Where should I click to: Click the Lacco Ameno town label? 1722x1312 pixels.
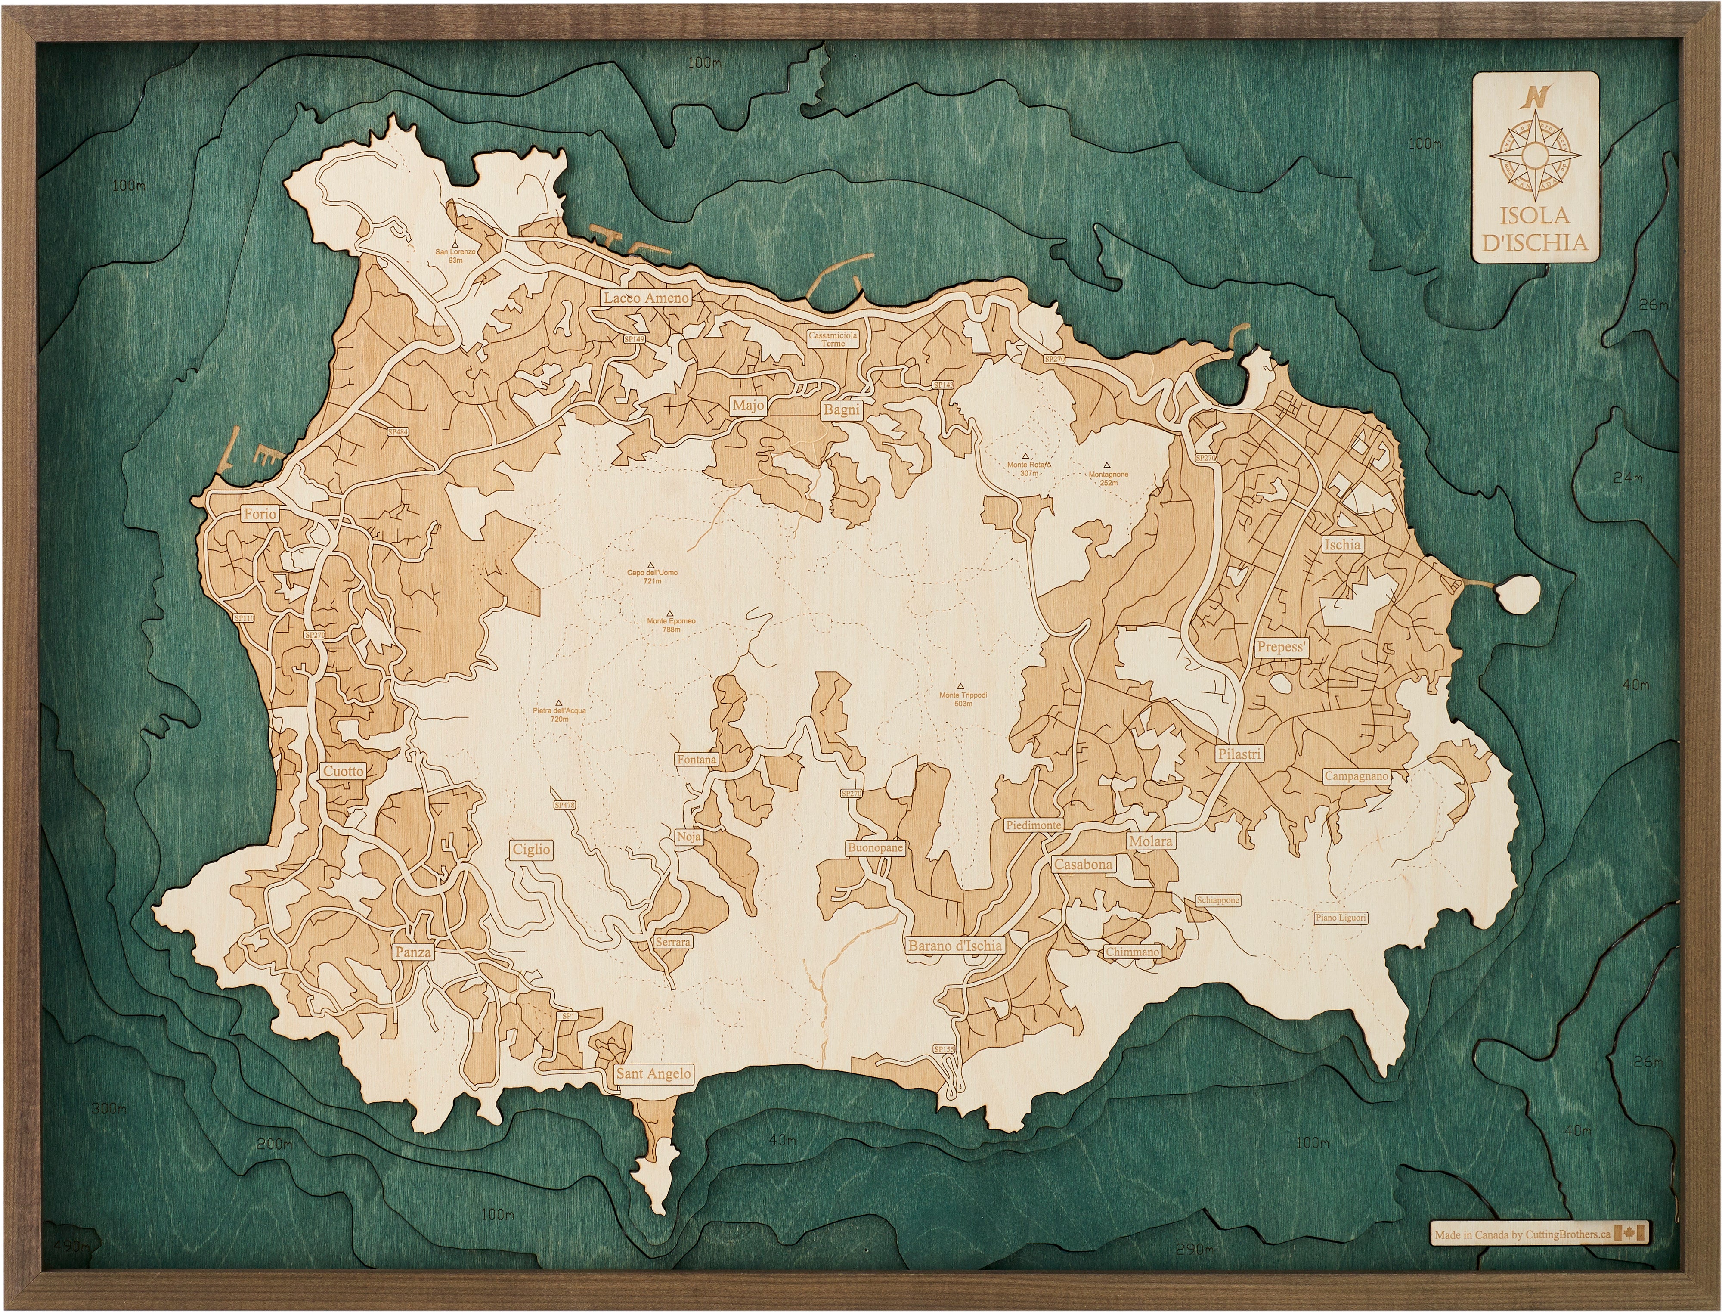click(x=646, y=298)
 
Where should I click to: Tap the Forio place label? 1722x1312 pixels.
click(x=259, y=513)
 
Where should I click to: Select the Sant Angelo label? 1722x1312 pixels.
click(x=653, y=1074)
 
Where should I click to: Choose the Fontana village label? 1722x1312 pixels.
click(x=696, y=759)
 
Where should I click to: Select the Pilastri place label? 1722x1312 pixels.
click(x=1239, y=754)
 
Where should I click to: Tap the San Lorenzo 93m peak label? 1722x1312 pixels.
click(x=455, y=255)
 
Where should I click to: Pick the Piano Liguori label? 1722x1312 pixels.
click(x=1340, y=918)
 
